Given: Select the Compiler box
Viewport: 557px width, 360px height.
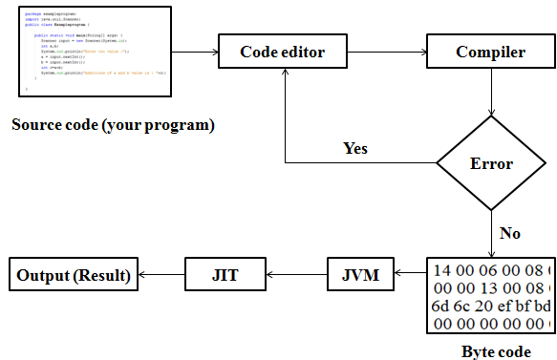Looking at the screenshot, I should [x=490, y=52].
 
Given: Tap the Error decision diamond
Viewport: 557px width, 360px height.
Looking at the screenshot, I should [x=491, y=163].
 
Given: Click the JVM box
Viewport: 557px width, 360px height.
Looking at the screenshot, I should [x=359, y=275].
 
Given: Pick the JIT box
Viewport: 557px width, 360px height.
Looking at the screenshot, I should [x=225, y=275].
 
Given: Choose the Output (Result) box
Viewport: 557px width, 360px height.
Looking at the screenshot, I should [x=73, y=275].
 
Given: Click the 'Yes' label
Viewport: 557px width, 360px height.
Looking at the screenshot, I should [x=355, y=148].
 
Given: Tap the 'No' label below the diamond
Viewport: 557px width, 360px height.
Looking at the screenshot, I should [x=510, y=232].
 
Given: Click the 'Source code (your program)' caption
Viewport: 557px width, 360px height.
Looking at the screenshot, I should [x=113, y=125].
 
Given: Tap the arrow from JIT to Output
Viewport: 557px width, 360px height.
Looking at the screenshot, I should [x=161, y=275].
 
